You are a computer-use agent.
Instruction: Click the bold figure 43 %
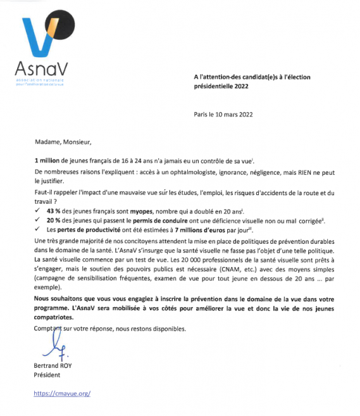[54, 210]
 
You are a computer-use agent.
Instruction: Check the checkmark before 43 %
[39, 210]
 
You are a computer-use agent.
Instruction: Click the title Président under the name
[47, 375]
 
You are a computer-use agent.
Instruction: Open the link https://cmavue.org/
[61, 394]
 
